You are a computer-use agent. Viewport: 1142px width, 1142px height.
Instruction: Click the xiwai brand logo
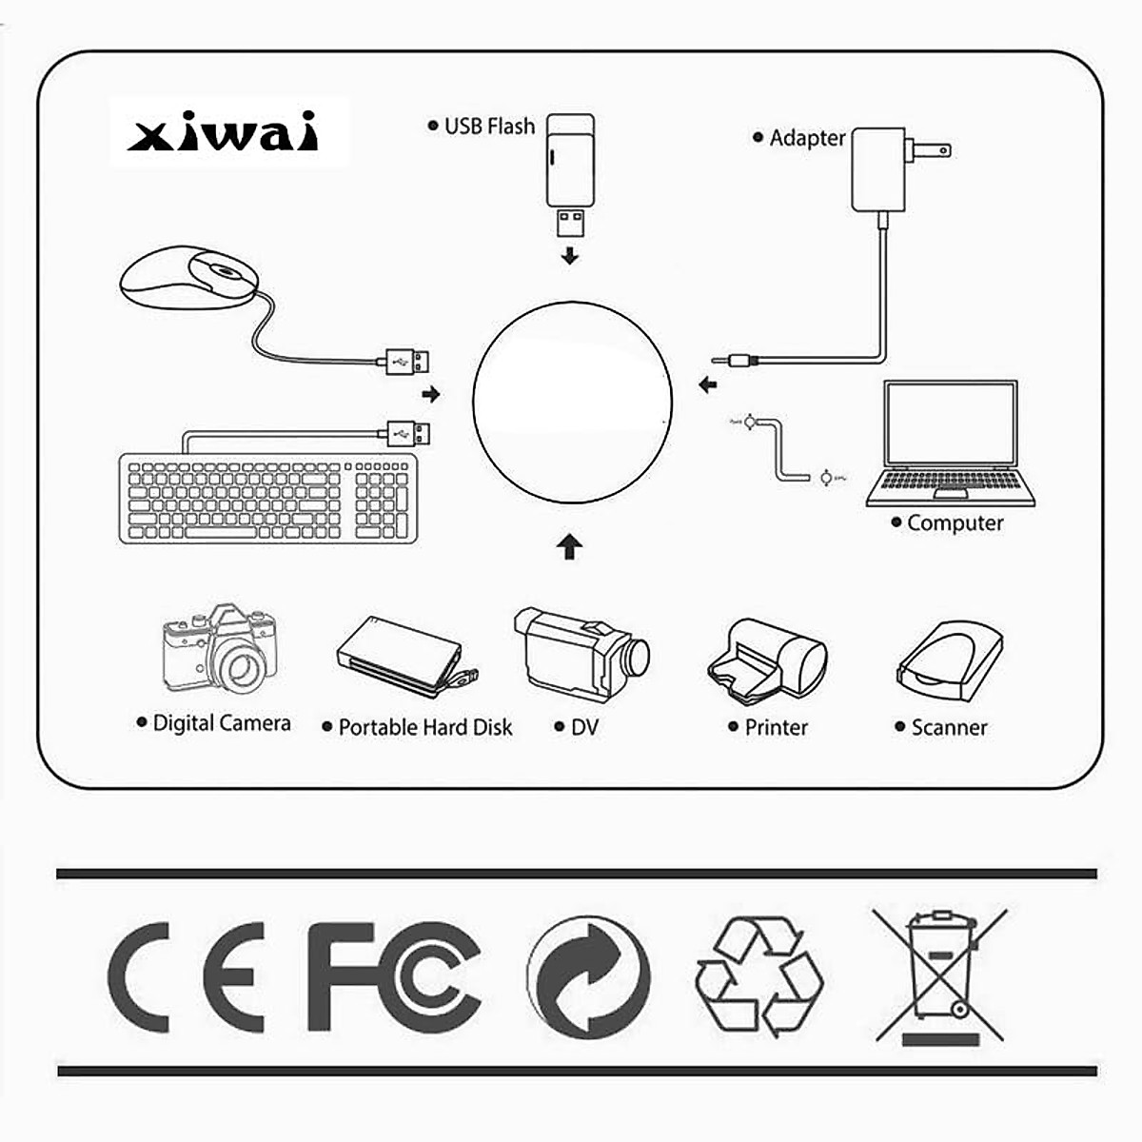coord(224,134)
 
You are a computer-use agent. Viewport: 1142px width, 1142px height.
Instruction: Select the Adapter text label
coord(807,138)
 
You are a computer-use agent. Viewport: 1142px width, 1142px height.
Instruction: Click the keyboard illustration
coord(268,499)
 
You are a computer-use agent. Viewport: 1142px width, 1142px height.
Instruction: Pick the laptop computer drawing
coord(950,443)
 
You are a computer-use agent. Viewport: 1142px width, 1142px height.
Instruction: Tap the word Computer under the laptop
coord(955,522)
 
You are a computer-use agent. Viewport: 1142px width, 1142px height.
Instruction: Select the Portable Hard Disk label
coord(424,727)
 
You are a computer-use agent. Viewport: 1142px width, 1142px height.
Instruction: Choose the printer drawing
coord(767,658)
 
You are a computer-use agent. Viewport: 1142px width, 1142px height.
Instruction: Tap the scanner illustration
coord(949,657)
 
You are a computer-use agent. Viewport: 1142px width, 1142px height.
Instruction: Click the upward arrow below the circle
coord(569,546)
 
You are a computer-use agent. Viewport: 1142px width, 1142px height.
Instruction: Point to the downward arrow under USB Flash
coord(569,255)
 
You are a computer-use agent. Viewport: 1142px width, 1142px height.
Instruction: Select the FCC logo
coord(393,976)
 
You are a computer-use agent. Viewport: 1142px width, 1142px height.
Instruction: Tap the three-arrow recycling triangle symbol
coord(758,976)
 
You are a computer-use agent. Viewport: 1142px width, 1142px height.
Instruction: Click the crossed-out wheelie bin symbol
coord(940,975)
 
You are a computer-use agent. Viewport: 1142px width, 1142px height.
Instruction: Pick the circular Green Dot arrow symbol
coord(587,977)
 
